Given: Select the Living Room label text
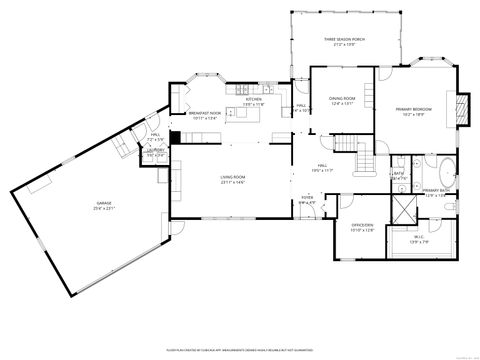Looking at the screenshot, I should (233, 178).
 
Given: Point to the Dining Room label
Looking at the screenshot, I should (342, 99).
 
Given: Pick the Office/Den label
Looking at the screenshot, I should (362, 225).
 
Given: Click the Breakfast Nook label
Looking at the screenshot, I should (205, 114).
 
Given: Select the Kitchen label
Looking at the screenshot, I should (254, 100).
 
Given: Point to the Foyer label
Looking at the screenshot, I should (307, 199).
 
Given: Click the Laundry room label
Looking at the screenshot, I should (155, 151).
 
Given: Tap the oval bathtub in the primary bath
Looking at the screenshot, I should (445, 169).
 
